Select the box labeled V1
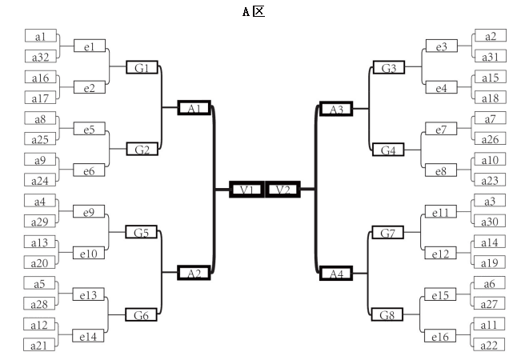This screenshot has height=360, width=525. click(246, 190)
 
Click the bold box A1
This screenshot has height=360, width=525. click(193, 107)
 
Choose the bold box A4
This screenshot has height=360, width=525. click(335, 274)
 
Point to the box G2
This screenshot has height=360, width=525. click(142, 150)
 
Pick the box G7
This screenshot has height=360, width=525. click(387, 233)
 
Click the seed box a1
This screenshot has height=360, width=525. click(40, 37)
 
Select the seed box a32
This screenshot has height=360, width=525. click(40, 57)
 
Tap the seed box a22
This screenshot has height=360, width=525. click(489, 344)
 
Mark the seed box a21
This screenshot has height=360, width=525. click(39, 345)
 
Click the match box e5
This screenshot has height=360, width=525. click(88, 129)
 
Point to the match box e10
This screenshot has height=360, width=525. click(88, 253)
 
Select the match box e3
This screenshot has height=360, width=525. click(441, 47)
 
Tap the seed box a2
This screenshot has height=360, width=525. click(490, 36)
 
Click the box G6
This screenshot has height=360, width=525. click(142, 315)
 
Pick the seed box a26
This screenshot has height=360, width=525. click(489, 139)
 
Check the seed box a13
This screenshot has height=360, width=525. click(40, 243)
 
